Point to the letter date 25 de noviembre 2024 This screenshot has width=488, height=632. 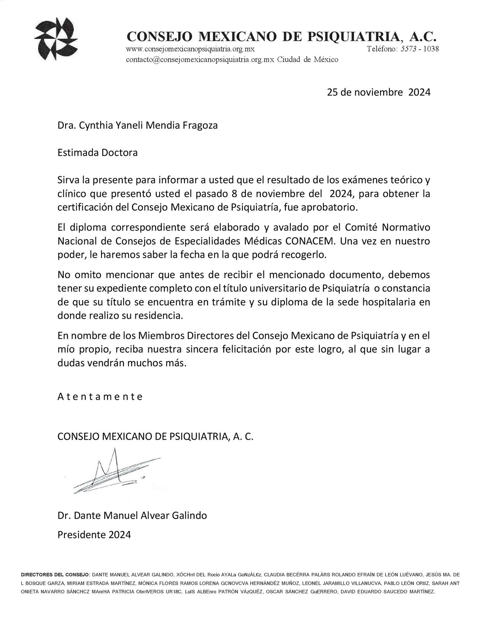pyautogui.click(x=379, y=92)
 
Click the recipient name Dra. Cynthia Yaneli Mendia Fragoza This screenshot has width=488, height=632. pyautogui.click(x=138, y=125)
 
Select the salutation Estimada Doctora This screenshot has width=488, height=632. pyautogui.click(x=97, y=153)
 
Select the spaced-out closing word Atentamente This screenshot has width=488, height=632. pyautogui.click(x=100, y=397)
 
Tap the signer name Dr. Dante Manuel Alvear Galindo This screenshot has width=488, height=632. pyautogui.click(x=132, y=516)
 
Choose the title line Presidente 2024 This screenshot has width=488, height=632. pyautogui.click(x=94, y=534)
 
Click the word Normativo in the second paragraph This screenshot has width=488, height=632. pyautogui.click(x=406, y=227)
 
